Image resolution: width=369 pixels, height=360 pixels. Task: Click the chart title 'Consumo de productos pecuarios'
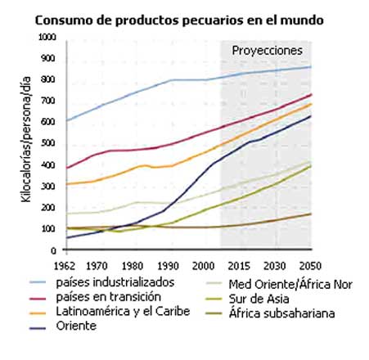pyautogui.click(x=184, y=19)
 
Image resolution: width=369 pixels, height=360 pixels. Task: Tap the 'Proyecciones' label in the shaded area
pyautogui.click(x=266, y=50)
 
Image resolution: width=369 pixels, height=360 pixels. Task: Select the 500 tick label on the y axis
pyautogui.click(x=49, y=143)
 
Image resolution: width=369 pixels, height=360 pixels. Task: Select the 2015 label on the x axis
pyautogui.click(x=240, y=266)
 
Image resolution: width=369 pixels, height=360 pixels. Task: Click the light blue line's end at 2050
pyautogui.click(x=311, y=66)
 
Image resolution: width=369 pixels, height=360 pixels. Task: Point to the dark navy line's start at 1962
pyautogui.click(x=65, y=237)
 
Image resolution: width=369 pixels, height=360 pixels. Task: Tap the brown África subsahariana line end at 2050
pyautogui.click(x=311, y=214)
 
